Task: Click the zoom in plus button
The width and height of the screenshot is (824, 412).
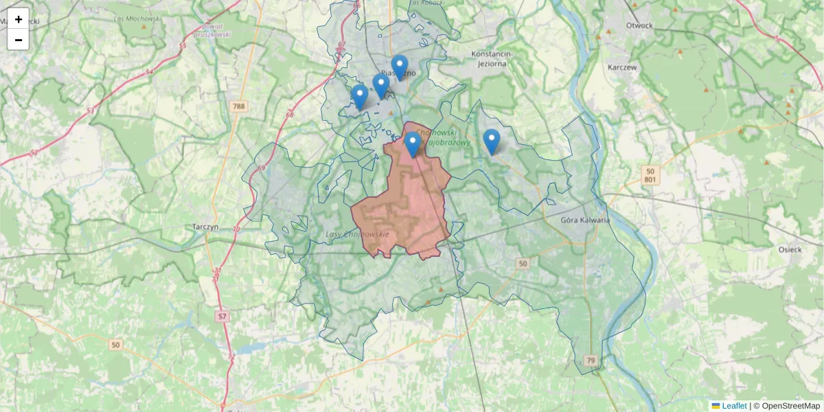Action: pos(19,19)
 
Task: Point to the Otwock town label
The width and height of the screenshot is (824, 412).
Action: pos(639,25)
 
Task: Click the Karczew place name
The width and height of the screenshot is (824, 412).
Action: pos(623,67)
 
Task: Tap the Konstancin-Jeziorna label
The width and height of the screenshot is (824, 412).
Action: pos(499,58)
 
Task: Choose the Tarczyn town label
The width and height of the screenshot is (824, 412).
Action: pos(206,227)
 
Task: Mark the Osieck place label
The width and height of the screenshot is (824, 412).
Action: pos(790,249)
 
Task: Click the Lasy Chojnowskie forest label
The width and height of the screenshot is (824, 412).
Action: pos(357,235)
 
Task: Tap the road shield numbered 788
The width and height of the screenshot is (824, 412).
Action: pos(238,106)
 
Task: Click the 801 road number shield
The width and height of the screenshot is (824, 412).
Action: pos(650,180)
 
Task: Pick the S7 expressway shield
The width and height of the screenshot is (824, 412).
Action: pos(221,317)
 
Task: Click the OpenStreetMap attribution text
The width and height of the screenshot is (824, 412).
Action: pos(790,406)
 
